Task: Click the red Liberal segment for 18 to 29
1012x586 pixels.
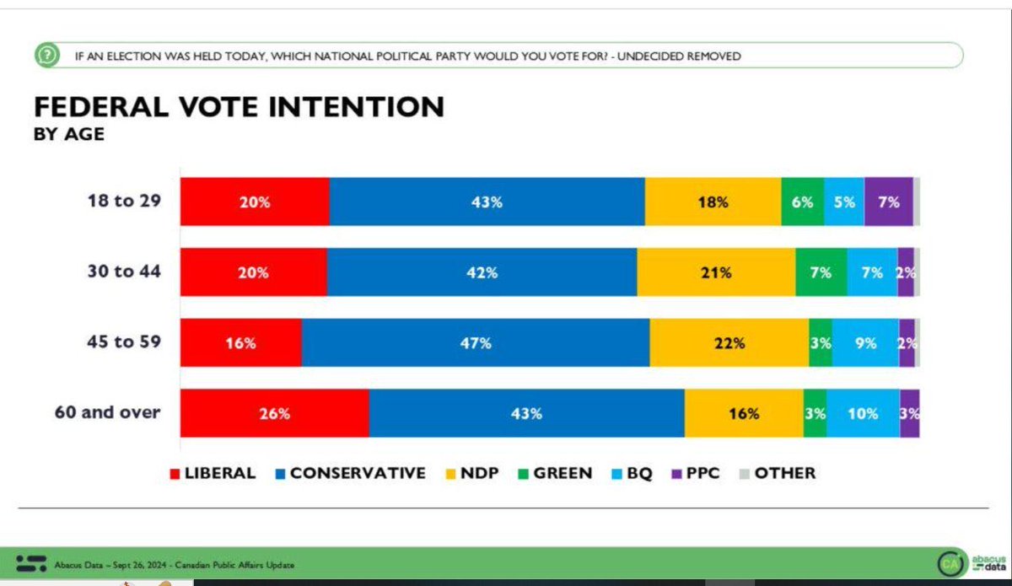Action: tap(255, 202)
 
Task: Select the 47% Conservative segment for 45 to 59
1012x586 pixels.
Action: tap(476, 343)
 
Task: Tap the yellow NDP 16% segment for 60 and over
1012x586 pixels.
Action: tap(744, 414)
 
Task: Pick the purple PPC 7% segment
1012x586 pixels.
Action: tap(889, 202)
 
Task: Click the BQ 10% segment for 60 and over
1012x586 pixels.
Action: tap(863, 414)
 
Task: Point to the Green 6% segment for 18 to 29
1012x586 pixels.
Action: tap(802, 202)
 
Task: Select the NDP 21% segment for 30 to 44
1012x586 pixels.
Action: tap(716, 272)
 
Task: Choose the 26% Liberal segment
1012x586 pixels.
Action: tap(275, 414)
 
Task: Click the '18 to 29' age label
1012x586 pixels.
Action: tap(126, 202)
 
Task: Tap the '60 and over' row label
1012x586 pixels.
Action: tap(109, 413)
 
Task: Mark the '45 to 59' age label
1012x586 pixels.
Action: tap(126, 342)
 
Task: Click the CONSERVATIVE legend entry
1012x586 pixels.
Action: tap(349, 473)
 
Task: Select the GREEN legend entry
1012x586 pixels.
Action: tap(556, 473)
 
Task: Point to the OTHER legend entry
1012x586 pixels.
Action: tap(777, 473)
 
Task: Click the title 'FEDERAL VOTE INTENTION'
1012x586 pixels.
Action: tap(238, 107)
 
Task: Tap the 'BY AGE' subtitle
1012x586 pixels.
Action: tap(69, 135)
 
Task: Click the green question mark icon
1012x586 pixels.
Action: tap(47, 56)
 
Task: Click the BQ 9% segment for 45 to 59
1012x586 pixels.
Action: tap(865, 343)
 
